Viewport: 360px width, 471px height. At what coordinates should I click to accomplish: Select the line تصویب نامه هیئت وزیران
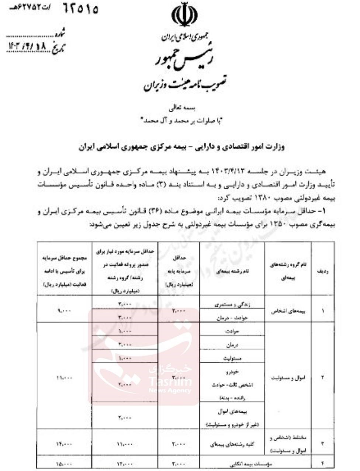click(x=185, y=84)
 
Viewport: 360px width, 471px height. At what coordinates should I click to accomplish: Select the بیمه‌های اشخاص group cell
click(x=288, y=311)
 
